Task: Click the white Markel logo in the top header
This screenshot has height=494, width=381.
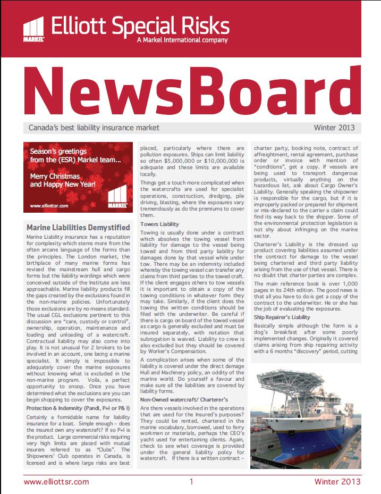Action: pos(34,30)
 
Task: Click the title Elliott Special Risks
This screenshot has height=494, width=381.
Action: pos(140,25)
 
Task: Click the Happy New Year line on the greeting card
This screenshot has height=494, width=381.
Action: pos(63,185)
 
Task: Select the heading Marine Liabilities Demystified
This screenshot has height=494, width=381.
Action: pos(78,228)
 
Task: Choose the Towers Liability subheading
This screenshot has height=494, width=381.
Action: pos(160,224)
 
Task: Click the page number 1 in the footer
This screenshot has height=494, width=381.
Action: pos(191,482)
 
